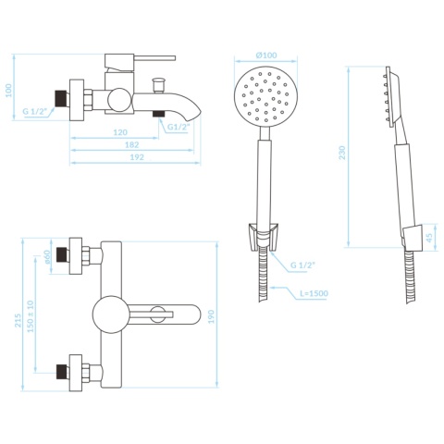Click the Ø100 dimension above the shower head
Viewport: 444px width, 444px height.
tap(266, 55)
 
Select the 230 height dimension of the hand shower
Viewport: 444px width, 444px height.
tap(342, 153)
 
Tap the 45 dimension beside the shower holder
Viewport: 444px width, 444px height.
tap(429, 237)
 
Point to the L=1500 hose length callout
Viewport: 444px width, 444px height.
tap(314, 293)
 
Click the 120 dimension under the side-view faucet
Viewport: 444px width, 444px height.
tap(120, 132)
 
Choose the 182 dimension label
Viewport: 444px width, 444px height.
tap(132, 144)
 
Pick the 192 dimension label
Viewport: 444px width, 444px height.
tap(137, 157)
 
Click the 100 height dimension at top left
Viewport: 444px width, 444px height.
tap(8, 91)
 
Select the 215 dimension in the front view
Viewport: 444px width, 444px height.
tap(18, 320)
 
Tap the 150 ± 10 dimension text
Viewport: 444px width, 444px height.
tap(31, 316)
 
